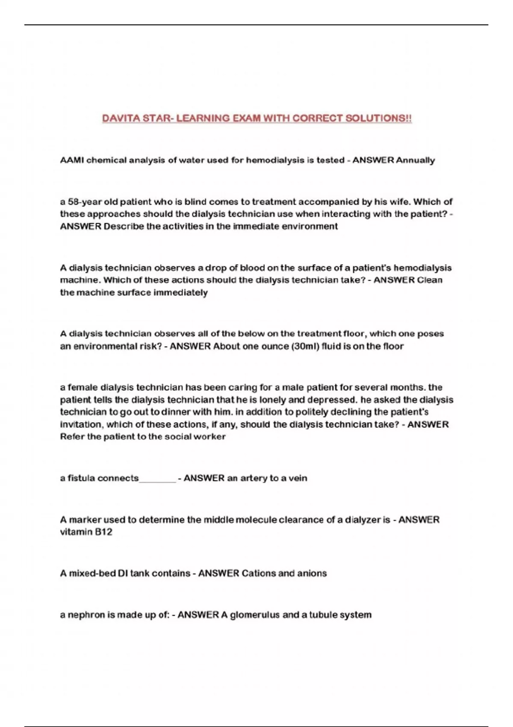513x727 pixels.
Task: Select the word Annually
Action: (416, 160)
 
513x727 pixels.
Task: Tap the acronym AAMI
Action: (72, 160)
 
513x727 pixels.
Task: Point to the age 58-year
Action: (82, 202)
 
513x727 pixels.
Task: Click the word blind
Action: (195, 202)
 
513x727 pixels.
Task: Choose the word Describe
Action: (124, 226)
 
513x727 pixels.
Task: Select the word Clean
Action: (430, 280)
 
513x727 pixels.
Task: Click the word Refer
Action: (72, 437)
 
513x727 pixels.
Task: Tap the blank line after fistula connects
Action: (157, 479)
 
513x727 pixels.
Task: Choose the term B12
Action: (103, 532)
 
